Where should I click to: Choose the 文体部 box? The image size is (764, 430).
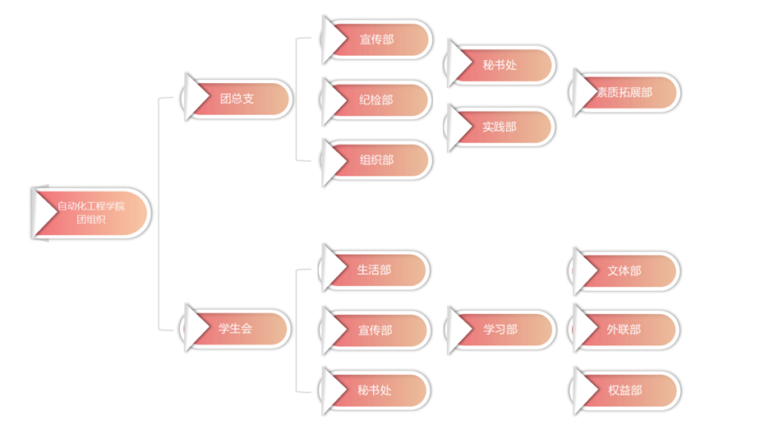(625, 270)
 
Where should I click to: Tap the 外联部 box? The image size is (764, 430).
(625, 330)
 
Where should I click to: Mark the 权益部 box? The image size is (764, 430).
(626, 391)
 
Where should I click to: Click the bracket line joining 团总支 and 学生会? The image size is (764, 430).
(159, 214)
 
